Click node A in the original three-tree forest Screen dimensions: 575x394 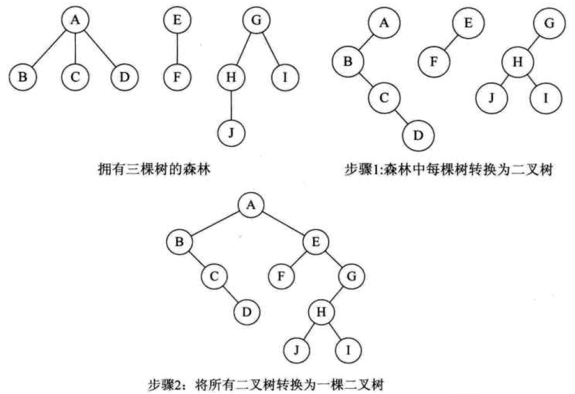(75, 20)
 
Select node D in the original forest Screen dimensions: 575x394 (125, 77)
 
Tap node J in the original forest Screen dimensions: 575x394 (231, 132)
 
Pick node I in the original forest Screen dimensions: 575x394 (285, 77)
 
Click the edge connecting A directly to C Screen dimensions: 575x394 (75, 49)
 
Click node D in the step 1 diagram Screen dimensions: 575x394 (418, 136)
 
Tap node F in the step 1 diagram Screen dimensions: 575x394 (434, 61)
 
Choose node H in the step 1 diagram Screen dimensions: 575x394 (517, 62)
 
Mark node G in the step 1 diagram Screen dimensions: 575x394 (549, 23)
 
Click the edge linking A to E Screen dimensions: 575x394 (283, 223)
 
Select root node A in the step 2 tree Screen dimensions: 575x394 (251, 205)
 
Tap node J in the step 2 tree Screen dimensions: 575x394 (296, 350)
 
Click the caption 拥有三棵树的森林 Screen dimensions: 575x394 (154, 169)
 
